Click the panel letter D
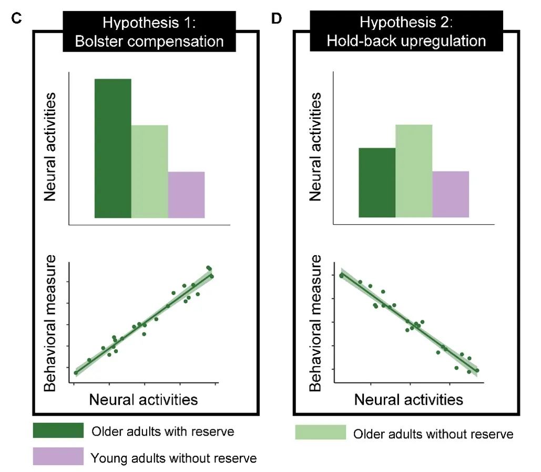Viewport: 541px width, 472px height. coord(276,19)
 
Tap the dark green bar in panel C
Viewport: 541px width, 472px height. coord(113,148)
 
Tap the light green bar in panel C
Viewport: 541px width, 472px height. coord(149,171)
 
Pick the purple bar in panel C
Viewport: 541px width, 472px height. coord(186,195)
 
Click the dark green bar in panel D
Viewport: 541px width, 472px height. coord(376,183)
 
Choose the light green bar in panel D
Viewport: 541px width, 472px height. coord(414,171)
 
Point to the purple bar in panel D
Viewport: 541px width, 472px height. coord(451,194)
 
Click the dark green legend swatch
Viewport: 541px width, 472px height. coord(58,430)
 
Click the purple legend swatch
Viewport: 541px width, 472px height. coord(58,456)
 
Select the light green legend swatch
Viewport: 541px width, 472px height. coord(320,433)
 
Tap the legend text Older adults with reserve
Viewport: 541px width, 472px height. coord(163,431)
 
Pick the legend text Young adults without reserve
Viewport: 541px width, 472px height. coord(174,458)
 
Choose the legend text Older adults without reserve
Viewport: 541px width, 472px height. coord(433,434)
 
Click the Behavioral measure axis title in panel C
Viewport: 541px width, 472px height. coord(50,324)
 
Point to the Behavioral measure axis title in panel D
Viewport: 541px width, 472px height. coord(315,324)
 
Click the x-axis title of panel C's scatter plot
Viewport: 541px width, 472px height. coord(144,399)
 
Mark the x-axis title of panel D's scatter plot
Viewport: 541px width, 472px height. coord(409,399)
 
